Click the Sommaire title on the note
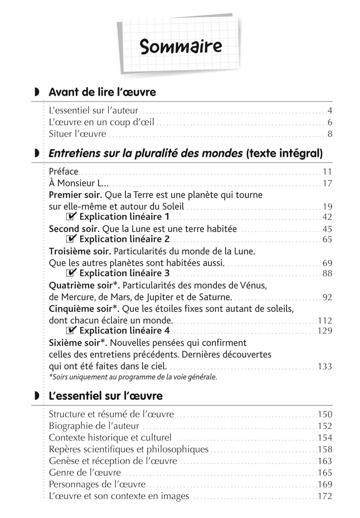click(x=181, y=46)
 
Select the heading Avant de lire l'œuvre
click(x=102, y=92)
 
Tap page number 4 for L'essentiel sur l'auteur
click(x=330, y=111)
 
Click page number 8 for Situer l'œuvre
click(x=330, y=134)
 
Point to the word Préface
click(x=64, y=172)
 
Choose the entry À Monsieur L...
click(x=78, y=183)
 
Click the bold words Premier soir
click(x=75, y=195)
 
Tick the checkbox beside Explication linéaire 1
click(x=71, y=217)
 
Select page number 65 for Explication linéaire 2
click(x=327, y=239)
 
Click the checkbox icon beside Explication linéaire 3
click(x=71, y=273)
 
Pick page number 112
click(x=325, y=320)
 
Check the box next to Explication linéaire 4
click(x=71, y=330)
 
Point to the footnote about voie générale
click(x=133, y=377)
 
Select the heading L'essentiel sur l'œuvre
click(x=106, y=396)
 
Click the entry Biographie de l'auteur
click(x=94, y=426)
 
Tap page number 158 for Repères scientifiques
click(x=325, y=450)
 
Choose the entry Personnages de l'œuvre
click(x=97, y=485)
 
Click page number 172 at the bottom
click(x=325, y=496)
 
